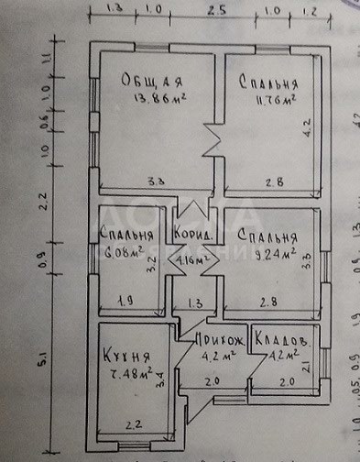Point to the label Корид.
click(194, 236)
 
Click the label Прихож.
click(219, 338)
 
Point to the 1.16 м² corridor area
click(194, 260)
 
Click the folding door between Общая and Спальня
click(212, 141)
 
